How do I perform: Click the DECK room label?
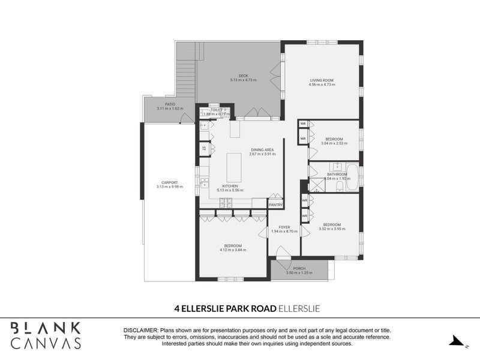click(243, 76)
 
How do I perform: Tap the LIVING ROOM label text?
click(322, 80)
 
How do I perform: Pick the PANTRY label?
click(275, 205)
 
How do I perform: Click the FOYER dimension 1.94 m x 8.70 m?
click(284, 232)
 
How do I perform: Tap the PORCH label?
click(299, 268)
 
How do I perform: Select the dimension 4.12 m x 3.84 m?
click(233, 250)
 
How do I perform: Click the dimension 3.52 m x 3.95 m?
click(332, 229)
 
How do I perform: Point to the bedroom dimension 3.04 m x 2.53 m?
click(334, 143)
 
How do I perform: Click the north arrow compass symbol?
click(458, 342)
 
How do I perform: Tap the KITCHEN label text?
click(230, 186)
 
